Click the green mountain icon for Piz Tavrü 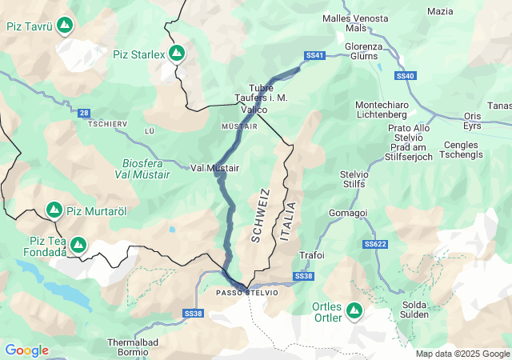(x=63, y=26)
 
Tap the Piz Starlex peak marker (x=177, y=54)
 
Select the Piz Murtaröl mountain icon (x=54, y=210)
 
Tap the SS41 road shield (x=315, y=55)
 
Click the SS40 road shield (x=406, y=75)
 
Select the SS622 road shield (x=374, y=244)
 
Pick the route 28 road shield (x=84, y=114)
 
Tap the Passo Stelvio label (x=247, y=293)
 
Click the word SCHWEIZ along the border (x=258, y=215)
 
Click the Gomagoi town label (x=348, y=213)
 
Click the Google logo (x=26, y=350)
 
